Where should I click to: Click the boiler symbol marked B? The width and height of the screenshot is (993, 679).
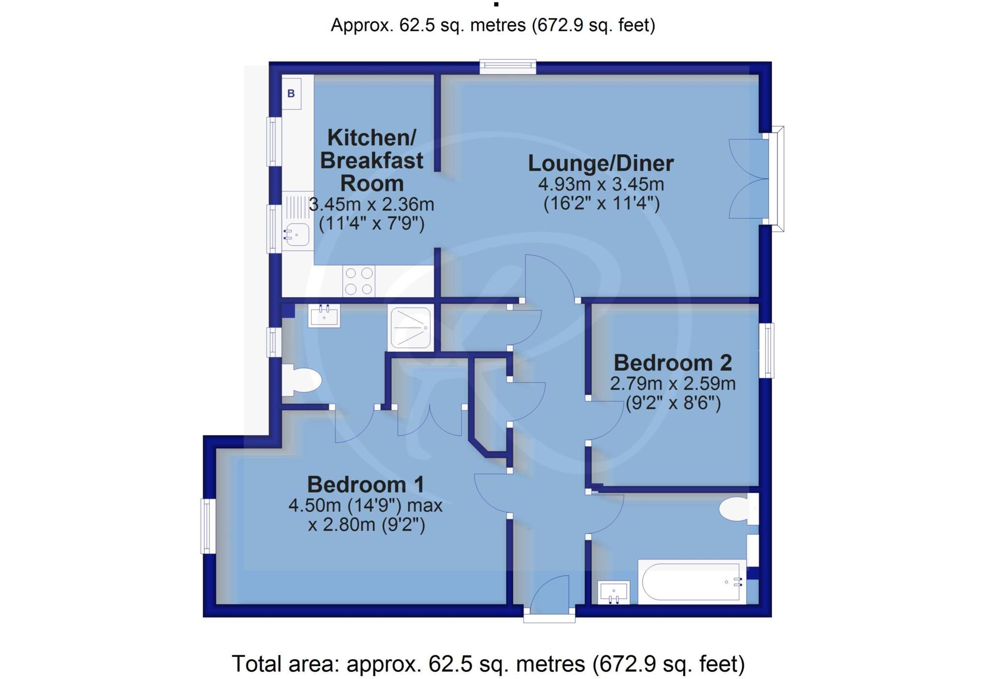point(291,94)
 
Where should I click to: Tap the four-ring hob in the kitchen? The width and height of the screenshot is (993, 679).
point(359,281)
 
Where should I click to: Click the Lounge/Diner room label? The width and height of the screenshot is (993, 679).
point(600,163)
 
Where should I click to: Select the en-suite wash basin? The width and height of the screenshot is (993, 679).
point(324,316)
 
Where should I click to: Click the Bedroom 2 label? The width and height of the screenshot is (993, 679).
point(673,363)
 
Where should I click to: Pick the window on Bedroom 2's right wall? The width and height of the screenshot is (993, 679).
point(769,350)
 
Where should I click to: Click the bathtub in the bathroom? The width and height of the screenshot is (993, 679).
point(692,582)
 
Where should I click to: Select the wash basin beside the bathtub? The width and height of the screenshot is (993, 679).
point(614,592)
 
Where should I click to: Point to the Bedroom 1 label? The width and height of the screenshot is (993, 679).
point(366,485)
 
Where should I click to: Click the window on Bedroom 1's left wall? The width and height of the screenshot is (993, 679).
point(208,526)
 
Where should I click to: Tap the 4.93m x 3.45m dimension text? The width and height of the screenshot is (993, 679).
point(601,184)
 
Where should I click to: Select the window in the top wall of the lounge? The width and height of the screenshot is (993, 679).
point(508,66)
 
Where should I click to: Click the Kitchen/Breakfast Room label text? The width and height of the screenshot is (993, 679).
point(371,160)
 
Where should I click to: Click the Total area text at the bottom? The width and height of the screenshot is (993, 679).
point(488,663)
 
